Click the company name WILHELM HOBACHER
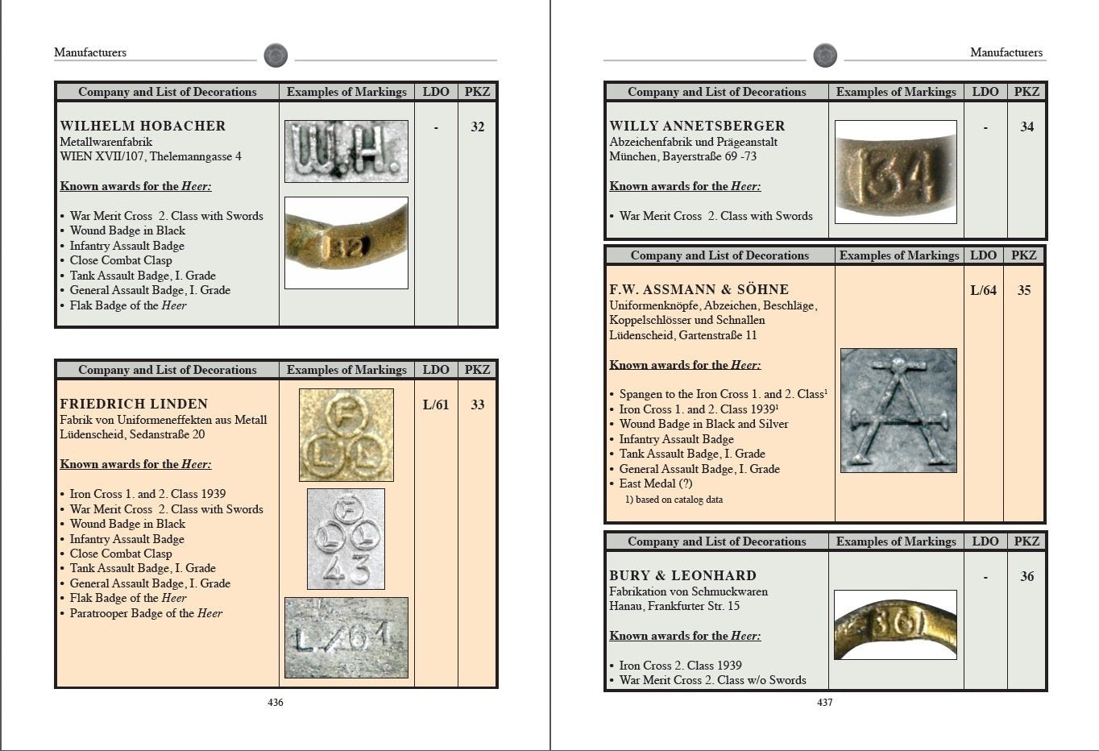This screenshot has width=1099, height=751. tap(143, 126)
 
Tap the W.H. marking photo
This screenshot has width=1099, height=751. tap(346, 151)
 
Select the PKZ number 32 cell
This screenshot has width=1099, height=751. tap(477, 127)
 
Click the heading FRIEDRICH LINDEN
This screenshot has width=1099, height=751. tap(134, 404)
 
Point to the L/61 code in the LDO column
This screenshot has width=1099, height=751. tap(436, 405)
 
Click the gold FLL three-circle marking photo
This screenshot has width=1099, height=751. tap(346, 435)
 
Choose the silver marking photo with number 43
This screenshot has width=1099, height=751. tap(346, 538)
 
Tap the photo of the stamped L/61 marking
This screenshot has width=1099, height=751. tap(346, 637)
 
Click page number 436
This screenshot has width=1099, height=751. tap(276, 703)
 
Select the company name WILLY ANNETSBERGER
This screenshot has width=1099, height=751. tap(697, 126)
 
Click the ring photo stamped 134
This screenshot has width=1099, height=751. tap(896, 172)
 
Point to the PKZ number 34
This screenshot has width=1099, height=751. tap(1026, 127)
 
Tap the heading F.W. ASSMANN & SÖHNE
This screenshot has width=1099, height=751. tap(699, 289)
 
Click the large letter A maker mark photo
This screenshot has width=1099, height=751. tap(898, 410)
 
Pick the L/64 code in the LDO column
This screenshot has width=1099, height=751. tap(983, 290)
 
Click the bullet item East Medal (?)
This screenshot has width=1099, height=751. tap(656, 483)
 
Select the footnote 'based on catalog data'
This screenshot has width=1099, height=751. tap(674, 500)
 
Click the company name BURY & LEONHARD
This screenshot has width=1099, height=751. tap(682, 575)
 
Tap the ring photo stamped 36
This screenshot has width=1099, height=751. tap(895, 624)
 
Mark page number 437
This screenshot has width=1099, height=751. tap(825, 703)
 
